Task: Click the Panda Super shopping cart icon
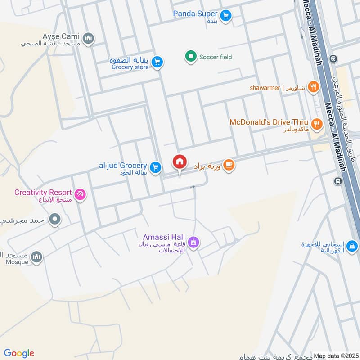[226, 15]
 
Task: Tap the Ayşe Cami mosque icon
[89, 38]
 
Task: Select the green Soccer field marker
[191, 57]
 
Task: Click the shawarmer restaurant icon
[314, 87]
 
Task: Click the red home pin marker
[180, 162]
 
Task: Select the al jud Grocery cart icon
[156, 167]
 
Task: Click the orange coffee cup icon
[229, 166]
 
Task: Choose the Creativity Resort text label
[43, 193]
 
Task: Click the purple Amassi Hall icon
[194, 242]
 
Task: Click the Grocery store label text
[129, 67]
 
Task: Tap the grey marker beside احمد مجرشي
[55, 220]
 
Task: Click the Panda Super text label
[195, 14]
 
